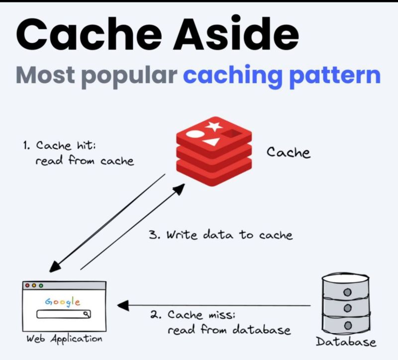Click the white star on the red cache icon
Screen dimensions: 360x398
point(215,125)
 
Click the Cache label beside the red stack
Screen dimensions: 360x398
point(288,152)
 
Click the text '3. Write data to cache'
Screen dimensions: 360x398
point(221,235)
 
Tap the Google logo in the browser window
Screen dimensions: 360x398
point(63,301)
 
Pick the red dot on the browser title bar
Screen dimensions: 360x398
point(28,286)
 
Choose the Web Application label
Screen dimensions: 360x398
point(64,339)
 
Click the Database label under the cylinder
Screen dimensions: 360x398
point(346,342)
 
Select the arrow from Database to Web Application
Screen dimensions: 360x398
point(214,304)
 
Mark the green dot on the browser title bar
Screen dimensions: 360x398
point(41,286)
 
